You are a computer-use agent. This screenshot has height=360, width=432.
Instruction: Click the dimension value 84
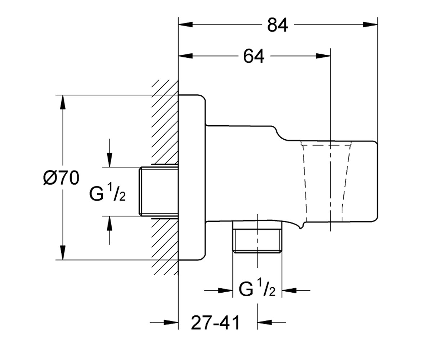(x=278, y=25)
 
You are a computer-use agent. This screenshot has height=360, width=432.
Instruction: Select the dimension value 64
(x=254, y=56)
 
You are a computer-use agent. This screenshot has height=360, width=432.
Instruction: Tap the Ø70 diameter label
(x=61, y=178)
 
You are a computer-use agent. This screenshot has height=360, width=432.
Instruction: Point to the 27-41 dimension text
(x=215, y=322)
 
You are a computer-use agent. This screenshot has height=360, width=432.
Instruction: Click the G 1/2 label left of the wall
(x=107, y=193)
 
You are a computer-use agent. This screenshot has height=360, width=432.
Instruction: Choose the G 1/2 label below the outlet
(x=257, y=288)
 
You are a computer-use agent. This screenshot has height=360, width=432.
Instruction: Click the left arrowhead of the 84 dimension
(x=186, y=24)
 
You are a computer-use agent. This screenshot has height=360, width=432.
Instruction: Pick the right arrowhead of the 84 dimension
(x=370, y=24)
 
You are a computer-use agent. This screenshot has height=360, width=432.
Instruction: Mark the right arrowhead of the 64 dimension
(x=323, y=56)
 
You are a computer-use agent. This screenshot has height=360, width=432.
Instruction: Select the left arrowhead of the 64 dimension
(x=186, y=56)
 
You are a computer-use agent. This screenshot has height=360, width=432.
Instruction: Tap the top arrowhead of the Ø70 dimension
(x=63, y=102)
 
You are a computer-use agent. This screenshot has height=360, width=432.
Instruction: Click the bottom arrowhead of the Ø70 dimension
(x=63, y=253)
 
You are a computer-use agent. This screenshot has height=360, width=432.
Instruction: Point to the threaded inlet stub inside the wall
(x=159, y=192)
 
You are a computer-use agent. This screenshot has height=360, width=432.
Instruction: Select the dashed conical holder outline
(x=326, y=182)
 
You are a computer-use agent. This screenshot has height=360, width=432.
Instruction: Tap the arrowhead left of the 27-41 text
(x=171, y=322)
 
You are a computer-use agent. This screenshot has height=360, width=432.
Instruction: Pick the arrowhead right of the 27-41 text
(x=264, y=322)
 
